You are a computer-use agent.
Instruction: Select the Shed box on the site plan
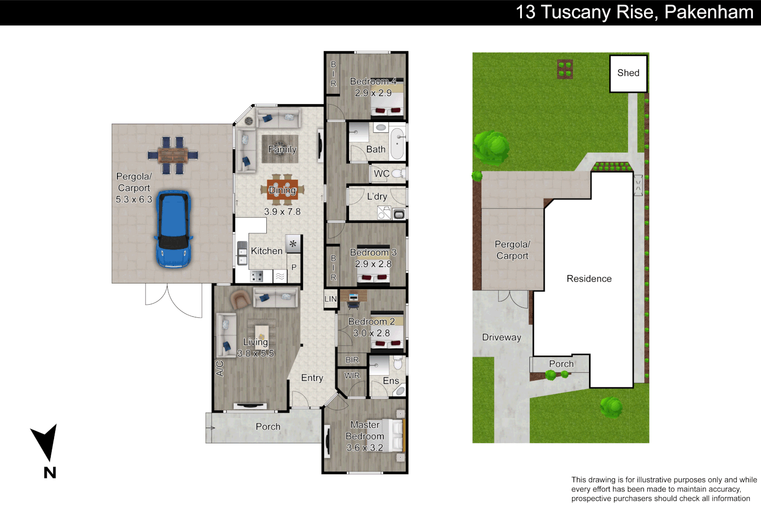click(628, 73)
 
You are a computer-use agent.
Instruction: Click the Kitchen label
click(266, 251)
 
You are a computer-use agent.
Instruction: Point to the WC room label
click(381, 174)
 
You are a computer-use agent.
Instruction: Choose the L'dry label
click(377, 197)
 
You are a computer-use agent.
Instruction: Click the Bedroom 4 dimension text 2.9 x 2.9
click(373, 93)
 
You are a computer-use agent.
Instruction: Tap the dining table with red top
click(282, 190)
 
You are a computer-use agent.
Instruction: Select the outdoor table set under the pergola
click(172, 155)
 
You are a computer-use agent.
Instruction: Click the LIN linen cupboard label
click(330, 299)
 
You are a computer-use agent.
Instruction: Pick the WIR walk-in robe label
click(352, 376)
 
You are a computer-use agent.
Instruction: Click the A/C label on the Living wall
click(219, 369)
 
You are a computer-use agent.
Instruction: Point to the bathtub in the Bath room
click(397, 143)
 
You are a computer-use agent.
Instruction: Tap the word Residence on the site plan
click(589, 279)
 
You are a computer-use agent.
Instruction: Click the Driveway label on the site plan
click(501, 338)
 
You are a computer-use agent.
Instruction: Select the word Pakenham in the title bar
click(708, 12)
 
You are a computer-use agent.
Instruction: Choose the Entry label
click(312, 378)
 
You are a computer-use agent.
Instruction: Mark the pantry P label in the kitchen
click(294, 268)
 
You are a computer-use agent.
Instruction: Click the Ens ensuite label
click(390, 381)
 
